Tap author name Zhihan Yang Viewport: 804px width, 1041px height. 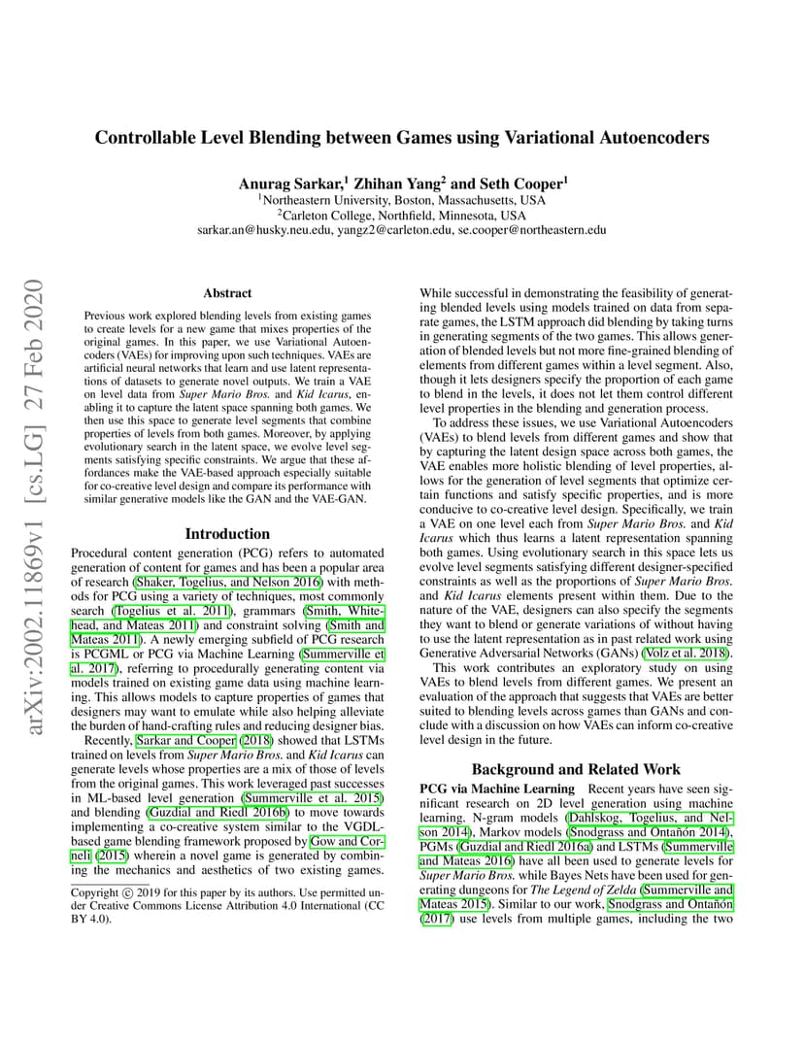click(x=396, y=184)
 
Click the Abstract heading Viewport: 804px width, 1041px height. click(x=227, y=292)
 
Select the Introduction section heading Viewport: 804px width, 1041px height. click(x=227, y=533)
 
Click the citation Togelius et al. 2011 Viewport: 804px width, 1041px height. click(x=184, y=610)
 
